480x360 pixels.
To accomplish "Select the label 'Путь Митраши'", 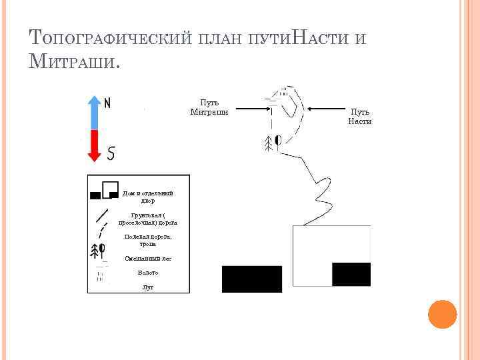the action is (x=209, y=107).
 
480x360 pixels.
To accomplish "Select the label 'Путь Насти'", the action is (x=360, y=117).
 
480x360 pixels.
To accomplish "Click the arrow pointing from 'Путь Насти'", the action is (x=326, y=108).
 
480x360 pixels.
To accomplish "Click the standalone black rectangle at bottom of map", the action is (x=251, y=279).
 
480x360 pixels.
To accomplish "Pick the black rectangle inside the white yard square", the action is (x=351, y=274).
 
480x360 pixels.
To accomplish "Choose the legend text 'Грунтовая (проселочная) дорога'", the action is (x=147, y=219).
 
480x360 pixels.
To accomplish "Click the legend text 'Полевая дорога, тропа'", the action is (x=147, y=240).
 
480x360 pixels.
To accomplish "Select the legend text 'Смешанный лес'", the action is (x=147, y=258).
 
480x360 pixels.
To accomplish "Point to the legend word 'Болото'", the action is (x=147, y=273).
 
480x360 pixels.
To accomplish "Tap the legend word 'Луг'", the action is (x=147, y=287).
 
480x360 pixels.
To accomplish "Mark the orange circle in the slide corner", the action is (x=441, y=314).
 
